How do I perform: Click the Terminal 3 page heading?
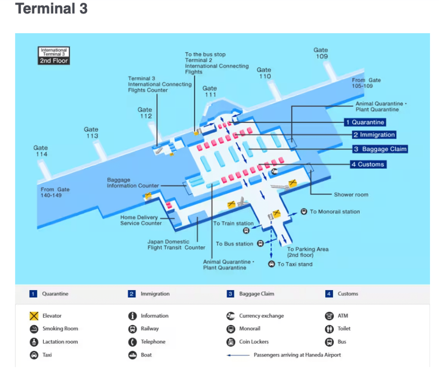pos(51,9)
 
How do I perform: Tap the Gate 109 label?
pos(321,53)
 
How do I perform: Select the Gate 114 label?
pos(41,151)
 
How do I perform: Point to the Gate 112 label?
pos(145,113)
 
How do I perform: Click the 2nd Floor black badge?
pos(54,61)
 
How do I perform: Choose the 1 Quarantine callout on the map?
pos(365,122)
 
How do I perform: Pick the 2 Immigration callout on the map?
pos(373,135)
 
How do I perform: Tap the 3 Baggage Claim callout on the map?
pos(380,149)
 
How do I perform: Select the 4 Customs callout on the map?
pos(368,164)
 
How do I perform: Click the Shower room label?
pos(351,195)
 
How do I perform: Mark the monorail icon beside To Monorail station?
pos(304,211)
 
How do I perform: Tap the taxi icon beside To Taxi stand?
pos(271,264)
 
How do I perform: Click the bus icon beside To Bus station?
pos(260,244)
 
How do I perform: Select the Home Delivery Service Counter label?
pos(141,220)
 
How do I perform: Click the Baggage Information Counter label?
pos(133,183)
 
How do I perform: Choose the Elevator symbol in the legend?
pos(34,316)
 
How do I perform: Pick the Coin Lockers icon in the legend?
pos(231,342)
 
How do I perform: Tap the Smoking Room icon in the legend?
pos(34,329)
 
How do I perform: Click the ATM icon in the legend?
pos(329,316)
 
